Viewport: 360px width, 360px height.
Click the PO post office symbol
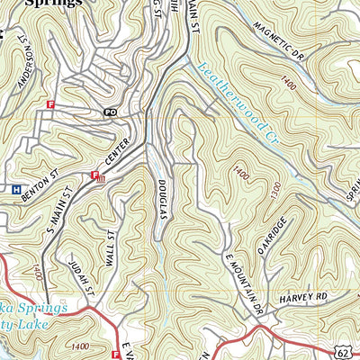111,112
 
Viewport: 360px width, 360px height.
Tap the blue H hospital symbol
15,189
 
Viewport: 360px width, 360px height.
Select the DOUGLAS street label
165,197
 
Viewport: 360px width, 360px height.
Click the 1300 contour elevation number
274,192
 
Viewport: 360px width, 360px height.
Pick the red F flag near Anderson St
50,104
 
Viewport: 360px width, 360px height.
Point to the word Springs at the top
54,4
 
